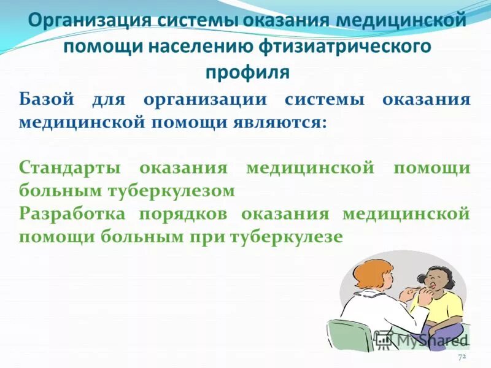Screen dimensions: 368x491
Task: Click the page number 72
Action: (x=462, y=356)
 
